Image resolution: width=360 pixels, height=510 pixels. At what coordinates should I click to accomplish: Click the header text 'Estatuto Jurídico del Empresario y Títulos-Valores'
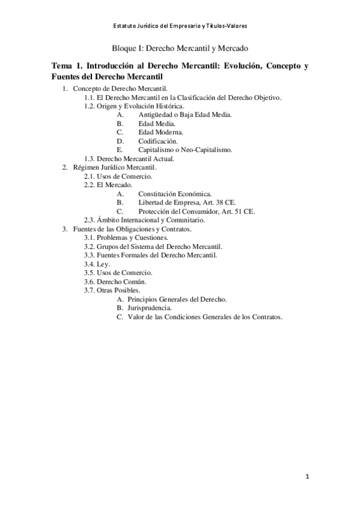tap(180, 26)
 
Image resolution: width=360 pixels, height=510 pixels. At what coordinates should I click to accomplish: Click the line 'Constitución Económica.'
tap(174, 194)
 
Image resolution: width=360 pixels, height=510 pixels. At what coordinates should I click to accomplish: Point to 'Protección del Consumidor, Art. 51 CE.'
tap(196, 212)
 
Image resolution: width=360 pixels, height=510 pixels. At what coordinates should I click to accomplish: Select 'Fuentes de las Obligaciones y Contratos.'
tap(132, 229)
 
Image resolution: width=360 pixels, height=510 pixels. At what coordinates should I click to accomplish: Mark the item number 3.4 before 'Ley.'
tap(89, 264)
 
